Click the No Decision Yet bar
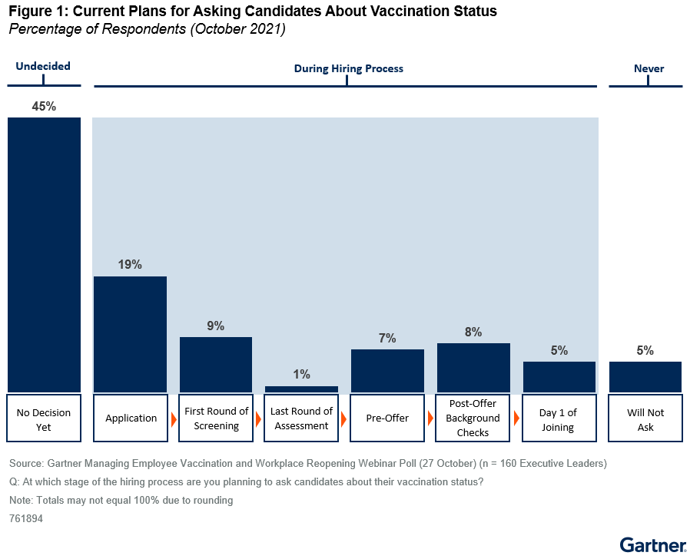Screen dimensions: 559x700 (x=44, y=253)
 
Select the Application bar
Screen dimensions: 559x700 (x=130, y=334)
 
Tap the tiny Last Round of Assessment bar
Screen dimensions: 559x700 (x=301, y=389)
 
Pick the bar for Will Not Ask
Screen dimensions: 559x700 (x=645, y=376)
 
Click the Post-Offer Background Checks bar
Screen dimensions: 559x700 (x=473, y=367)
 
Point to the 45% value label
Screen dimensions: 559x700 (x=44, y=107)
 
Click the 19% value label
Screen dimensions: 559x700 (x=130, y=265)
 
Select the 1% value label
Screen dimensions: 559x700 (x=301, y=375)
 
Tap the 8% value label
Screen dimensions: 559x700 (x=473, y=332)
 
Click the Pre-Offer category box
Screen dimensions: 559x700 (x=387, y=418)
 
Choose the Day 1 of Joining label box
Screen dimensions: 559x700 (x=559, y=418)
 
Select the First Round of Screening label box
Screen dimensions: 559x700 (x=216, y=418)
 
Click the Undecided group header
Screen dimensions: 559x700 (x=43, y=67)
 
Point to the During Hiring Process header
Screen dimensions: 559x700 (x=348, y=68)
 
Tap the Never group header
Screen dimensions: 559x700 (x=649, y=68)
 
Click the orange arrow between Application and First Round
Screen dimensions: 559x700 (x=172, y=419)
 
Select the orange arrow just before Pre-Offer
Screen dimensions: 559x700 (x=343, y=419)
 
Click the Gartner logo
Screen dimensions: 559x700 (x=652, y=545)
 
